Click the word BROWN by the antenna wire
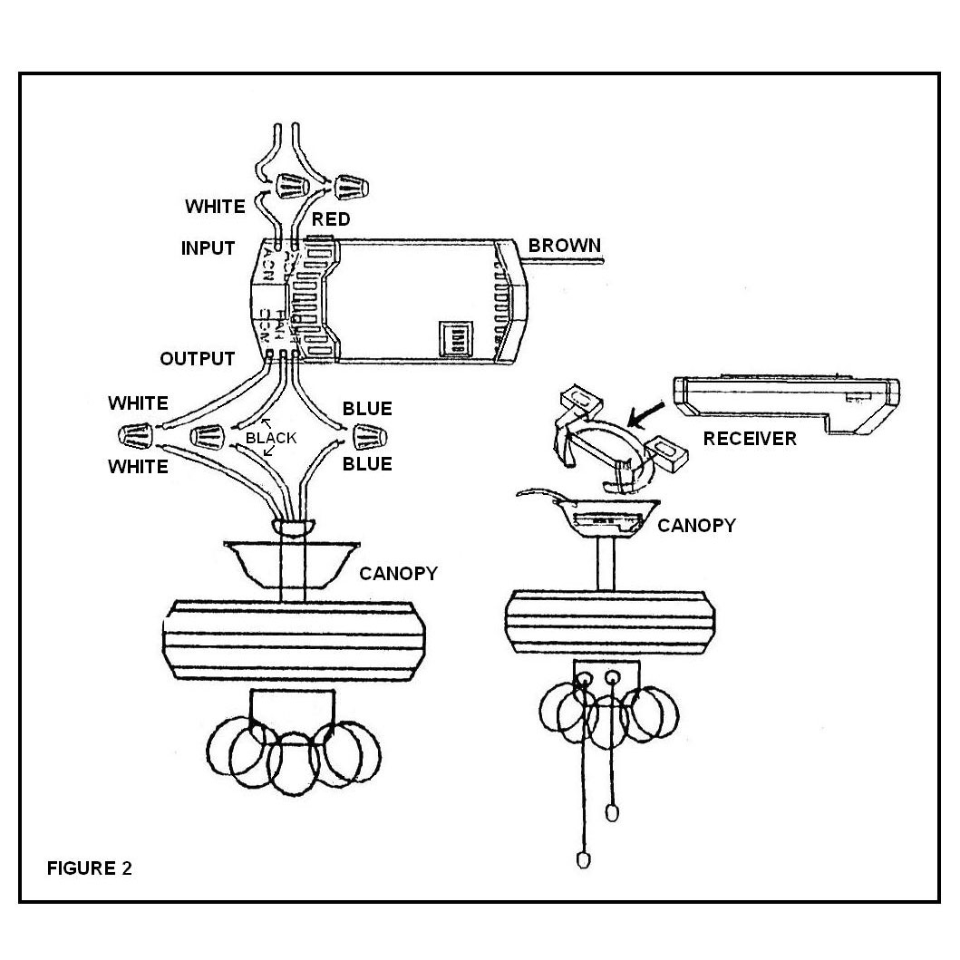coord(564,245)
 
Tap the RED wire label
coord(331,220)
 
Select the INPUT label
coord(208,248)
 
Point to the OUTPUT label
coord(197,359)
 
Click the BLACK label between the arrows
coord(271,438)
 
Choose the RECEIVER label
coord(750,439)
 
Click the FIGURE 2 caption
coord(89,868)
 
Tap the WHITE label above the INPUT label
coord(215,207)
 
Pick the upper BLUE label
coord(367,409)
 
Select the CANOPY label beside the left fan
coord(398,573)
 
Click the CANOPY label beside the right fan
coord(696,525)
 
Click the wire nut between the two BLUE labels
coord(369,436)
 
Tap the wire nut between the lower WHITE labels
coord(135,435)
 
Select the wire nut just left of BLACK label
coord(208,437)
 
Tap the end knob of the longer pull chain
coord(583,858)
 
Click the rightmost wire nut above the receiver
coord(349,188)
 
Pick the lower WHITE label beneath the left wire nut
coord(138,467)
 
